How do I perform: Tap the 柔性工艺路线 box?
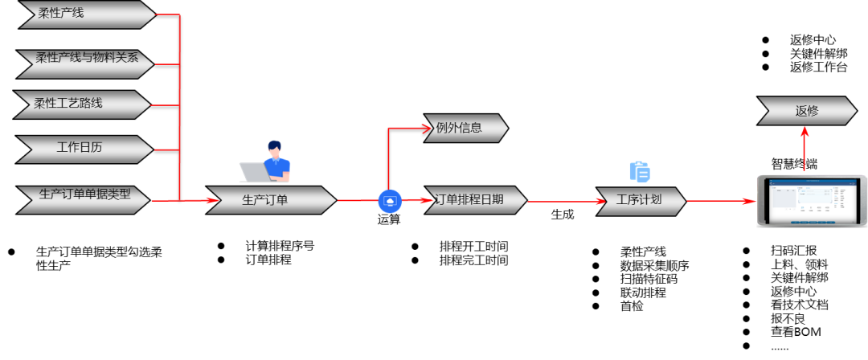pos(82,104)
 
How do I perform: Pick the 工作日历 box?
pos(84,149)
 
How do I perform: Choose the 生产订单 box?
pos(271,200)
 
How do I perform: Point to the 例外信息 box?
pos(465,128)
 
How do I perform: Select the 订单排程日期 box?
pos(474,200)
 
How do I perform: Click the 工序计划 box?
pos(641,201)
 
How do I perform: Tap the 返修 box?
pos(807,111)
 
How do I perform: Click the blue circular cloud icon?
pos(390,201)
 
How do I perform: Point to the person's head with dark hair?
pos(275,149)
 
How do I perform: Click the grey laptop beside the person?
pos(254,172)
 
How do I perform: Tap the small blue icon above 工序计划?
pos(639,171)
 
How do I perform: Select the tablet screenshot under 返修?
pos(811,201)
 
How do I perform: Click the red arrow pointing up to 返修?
pos(805,145)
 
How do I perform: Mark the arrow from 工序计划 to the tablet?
pos(720,201)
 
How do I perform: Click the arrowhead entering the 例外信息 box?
pos(427,128)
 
